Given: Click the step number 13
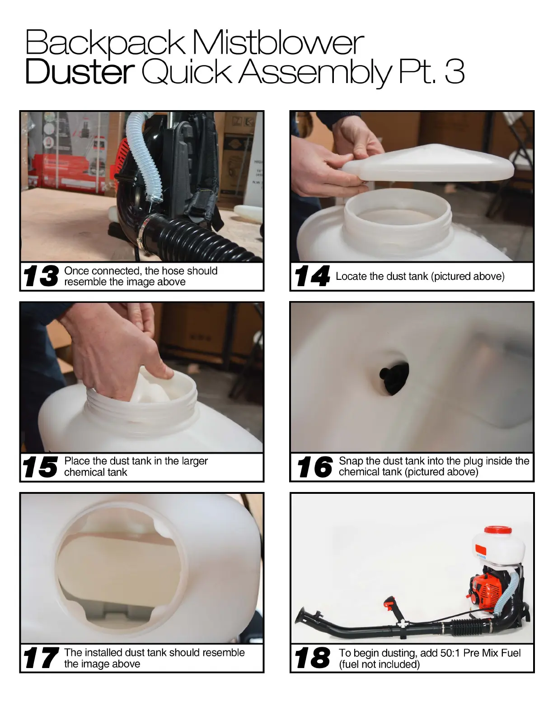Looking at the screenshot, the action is tap(41, 276).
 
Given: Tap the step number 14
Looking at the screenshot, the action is tap(312, 276).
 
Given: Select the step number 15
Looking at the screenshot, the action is tap(40, 467).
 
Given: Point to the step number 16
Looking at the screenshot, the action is tap(314, 467).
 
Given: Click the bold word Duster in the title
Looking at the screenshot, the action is tap(80, 71).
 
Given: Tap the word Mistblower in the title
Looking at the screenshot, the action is tap(278, 42).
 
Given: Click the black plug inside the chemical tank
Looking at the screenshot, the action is tap(394, 378).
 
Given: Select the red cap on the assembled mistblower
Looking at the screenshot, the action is tap(498, 530).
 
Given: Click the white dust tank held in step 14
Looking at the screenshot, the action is tap(428, 162).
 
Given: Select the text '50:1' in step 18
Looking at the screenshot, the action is tap(450, 653).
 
